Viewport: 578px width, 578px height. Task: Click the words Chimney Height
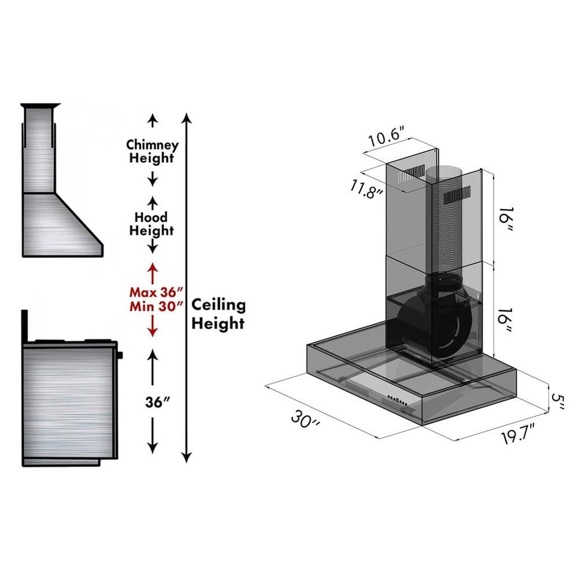pyautogui.click(x=153, y=151)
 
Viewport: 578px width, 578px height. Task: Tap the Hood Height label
pyautogui.click(x=151, y=224)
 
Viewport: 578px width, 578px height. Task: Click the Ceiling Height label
pyautogui.click(x=218, y=314)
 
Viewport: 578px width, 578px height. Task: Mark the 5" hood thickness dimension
pyautogui.click(x=558, y=401)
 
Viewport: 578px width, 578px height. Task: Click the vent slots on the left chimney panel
pyautogui.click(x=414, y=173)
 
